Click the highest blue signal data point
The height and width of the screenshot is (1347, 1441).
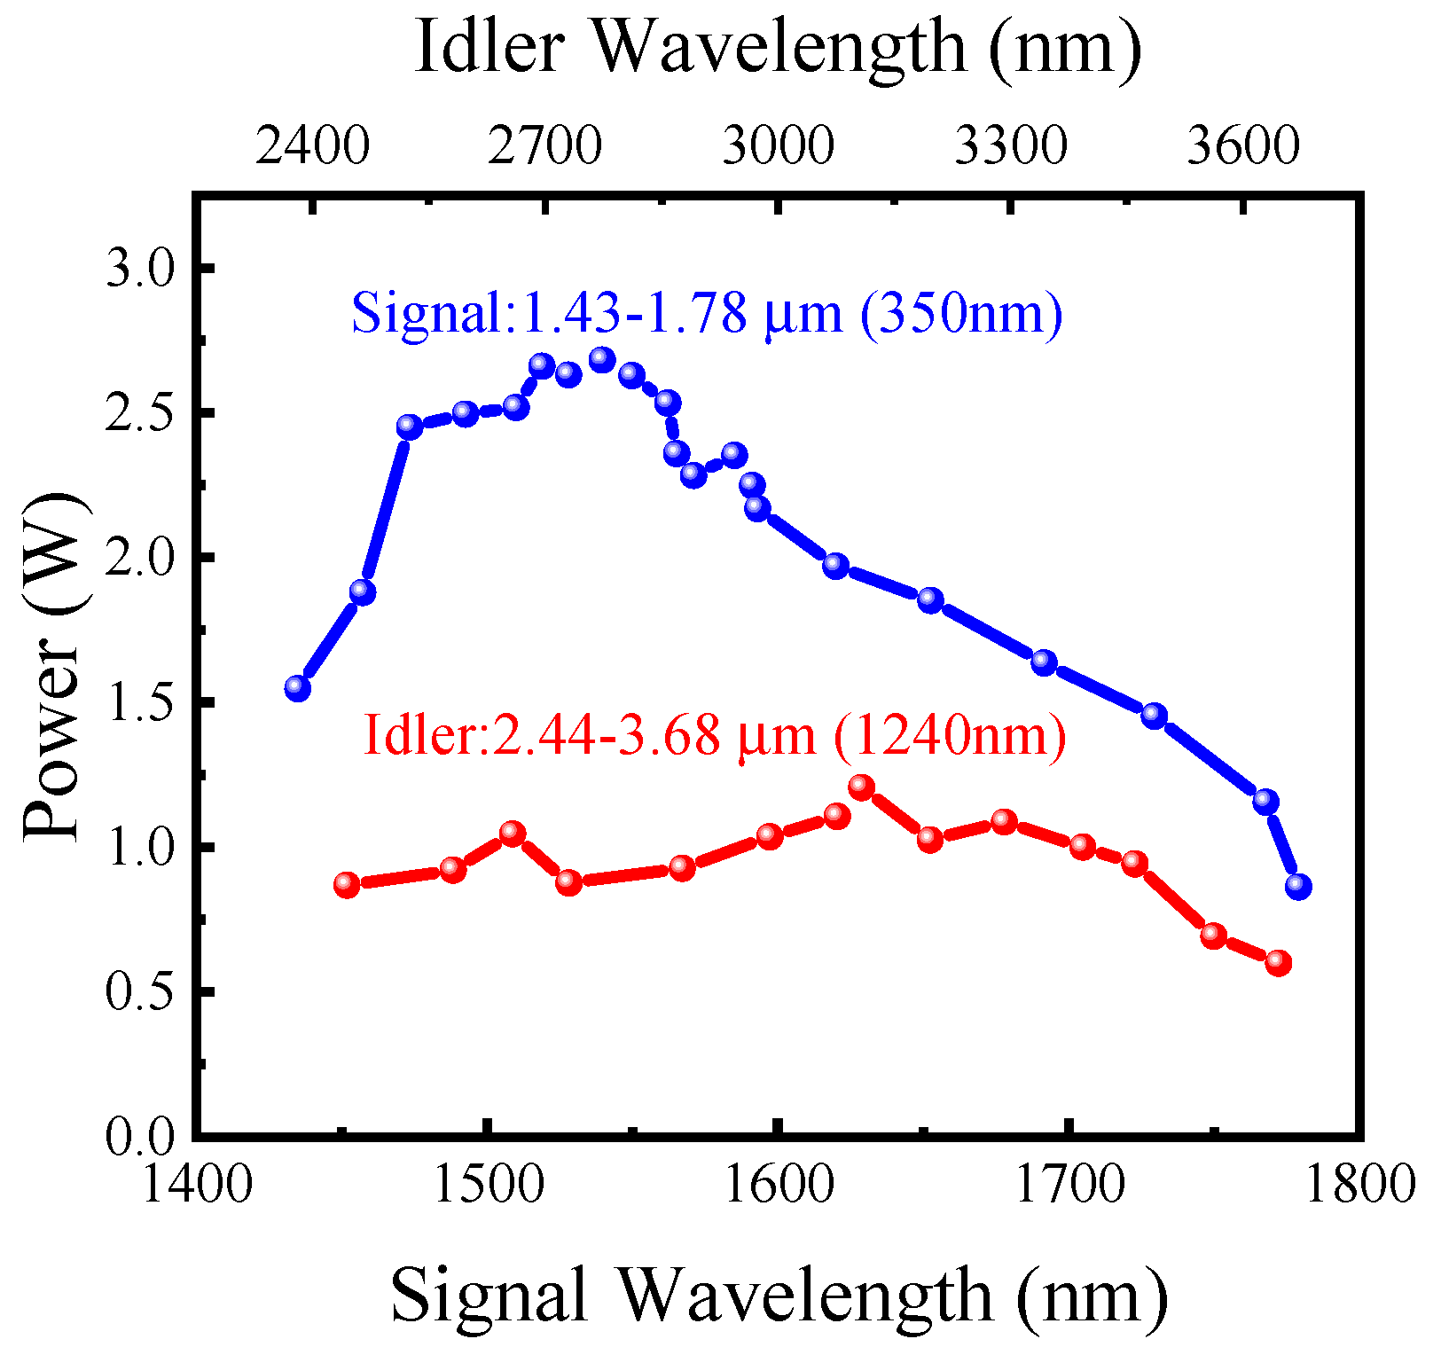pyautogui.click(x=602, y=360)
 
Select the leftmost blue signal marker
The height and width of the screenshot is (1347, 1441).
pyautogui.click(x=298, y=688)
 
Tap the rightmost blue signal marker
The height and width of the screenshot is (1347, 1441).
pyautogui.click(x=1298, y=886)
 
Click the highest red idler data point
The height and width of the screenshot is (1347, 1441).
pyautogui.click(x=861, y=787)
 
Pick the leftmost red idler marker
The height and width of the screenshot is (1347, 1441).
pyautogui.click(x=347, y=884)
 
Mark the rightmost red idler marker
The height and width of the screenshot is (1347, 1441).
pyautogui.click(x=1278, y=962)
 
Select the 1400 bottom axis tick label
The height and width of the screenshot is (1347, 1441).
pyautogui.click(x=196, y=1185)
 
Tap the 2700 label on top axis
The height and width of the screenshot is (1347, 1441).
pyautogui.click(x=545, y=146)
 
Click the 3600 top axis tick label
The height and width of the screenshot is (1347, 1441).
pyautogui.click(x=1243, y=146)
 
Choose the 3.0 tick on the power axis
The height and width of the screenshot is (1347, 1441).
pyautogui.click(x=142, y=268)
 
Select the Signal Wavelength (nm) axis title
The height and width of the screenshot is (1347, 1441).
pyautogui.click(x=778, y=1296)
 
